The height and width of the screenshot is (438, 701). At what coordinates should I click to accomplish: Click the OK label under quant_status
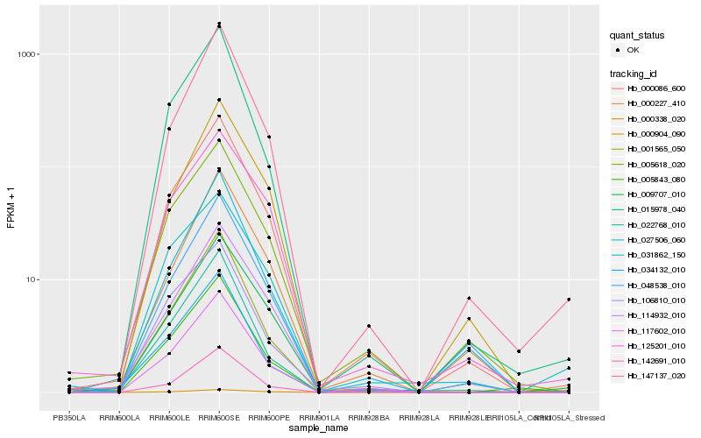633,50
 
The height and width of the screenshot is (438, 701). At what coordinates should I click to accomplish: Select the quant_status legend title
637,35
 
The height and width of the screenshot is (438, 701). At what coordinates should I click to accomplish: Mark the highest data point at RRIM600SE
219,24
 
